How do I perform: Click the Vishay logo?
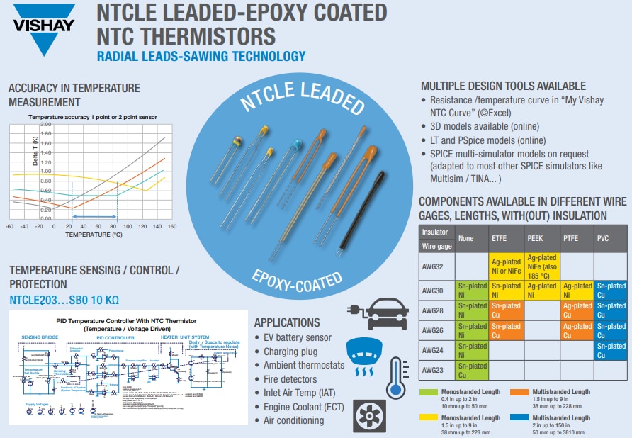click(x=43, y=28)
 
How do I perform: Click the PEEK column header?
click(x=535, y=239)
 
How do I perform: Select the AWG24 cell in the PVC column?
click(x=611, y=351)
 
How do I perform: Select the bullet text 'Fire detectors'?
click(x=290, y=379)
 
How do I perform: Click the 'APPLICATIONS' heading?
click(x=287, y=322)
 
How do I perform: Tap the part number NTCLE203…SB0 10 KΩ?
click(x=64, y=300)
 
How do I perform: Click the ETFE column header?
click(x=500, y=239)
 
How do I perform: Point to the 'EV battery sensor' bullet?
click(x=297, y=338)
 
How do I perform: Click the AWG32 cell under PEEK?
click(x=541, y=266)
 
